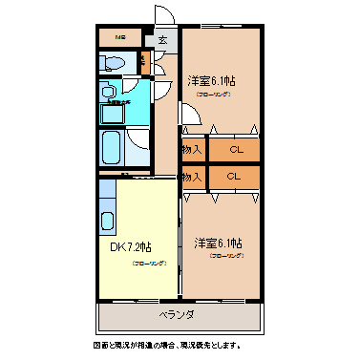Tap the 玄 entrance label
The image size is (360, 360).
162,40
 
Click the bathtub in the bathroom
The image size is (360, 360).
110,149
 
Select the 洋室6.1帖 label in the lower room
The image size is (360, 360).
220,243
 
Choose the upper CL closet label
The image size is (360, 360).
235,149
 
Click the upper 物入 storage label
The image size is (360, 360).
192,149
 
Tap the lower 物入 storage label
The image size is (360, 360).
192,177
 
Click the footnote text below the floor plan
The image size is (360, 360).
180,345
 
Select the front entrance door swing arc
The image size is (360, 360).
163,17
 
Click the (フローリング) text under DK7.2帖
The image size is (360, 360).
149,263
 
